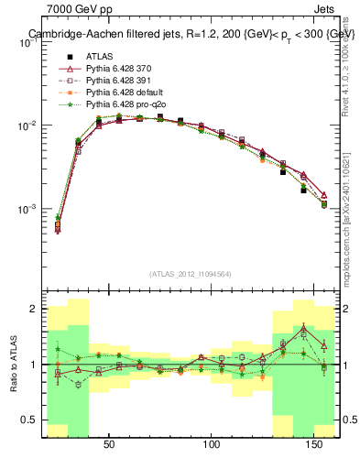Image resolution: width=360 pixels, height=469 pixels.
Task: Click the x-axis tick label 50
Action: [x=109, y=444]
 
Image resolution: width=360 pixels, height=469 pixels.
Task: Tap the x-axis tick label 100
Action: [x=213, y=444]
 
